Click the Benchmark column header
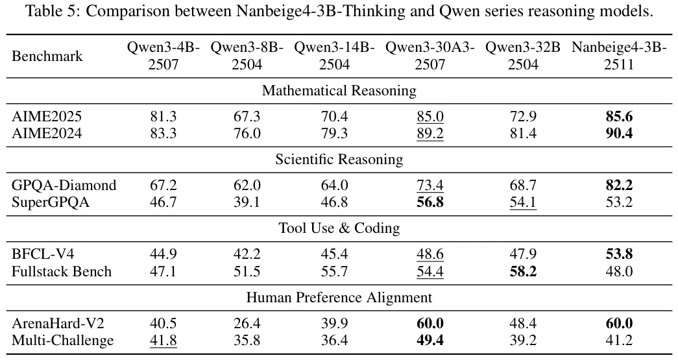[47, 56]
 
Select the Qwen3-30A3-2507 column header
[430, 56]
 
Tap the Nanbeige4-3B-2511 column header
[619, 56]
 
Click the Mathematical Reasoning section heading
[339, 91]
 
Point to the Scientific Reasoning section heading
[339, 160]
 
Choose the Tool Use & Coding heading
[339, 228]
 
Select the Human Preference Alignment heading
[339, 298]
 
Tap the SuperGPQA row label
[51, 202]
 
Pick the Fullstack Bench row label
[62, 271]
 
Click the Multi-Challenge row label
[63, 340]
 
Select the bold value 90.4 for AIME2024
[619, 134]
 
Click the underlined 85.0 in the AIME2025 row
[430, 117]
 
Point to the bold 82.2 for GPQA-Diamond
[619, 186]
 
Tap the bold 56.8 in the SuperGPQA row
[430, 202]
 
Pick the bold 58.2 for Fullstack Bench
[523, 271]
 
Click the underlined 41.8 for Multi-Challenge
[163, 340]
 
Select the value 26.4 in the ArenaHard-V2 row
[247, 323]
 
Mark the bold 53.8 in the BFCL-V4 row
[619, 254]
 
